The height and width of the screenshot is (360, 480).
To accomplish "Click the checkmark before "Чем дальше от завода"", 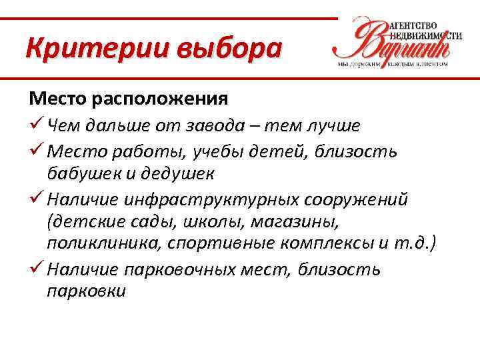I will point(35,125).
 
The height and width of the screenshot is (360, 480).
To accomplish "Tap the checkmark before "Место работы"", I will point(35,151).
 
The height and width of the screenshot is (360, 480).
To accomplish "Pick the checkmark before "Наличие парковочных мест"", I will point(35,269).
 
